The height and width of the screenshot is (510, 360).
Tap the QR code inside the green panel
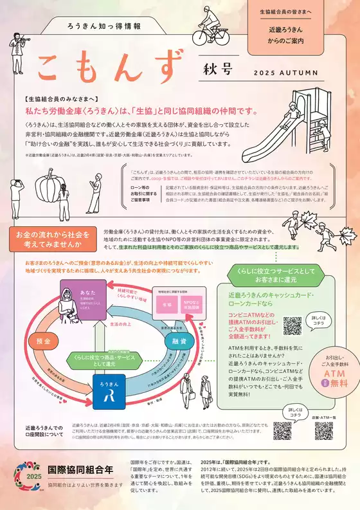292,325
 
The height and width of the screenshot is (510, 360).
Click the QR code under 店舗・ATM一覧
323,430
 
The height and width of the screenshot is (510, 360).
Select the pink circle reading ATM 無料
337,376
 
